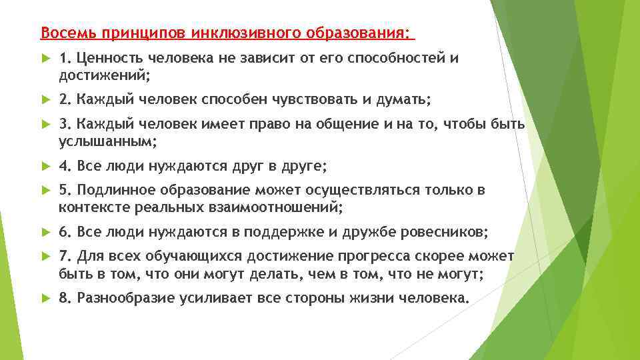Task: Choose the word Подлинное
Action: pos(111,191)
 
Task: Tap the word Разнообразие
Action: pos(126,298)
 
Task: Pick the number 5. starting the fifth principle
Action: pos(65,191)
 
